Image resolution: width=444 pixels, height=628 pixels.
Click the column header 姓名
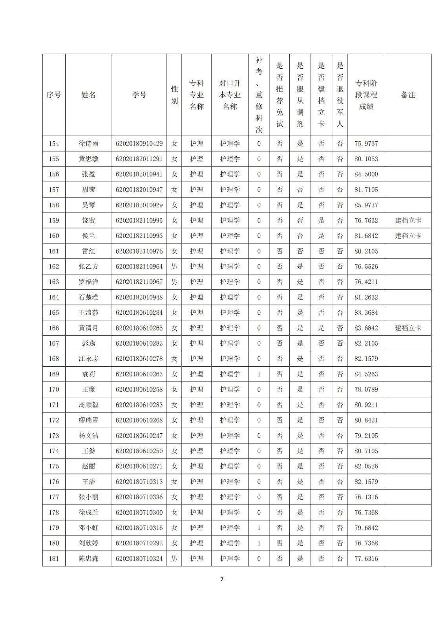click(88, 95)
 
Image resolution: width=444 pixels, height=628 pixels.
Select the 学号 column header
click(139, 95)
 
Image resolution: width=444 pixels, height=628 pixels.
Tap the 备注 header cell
click(408, 95)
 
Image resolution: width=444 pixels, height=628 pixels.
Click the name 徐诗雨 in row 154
click(88, 144)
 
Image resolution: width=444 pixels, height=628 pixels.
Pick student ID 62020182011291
click(139, 159)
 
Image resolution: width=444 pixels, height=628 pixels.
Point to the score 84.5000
click(366, 174)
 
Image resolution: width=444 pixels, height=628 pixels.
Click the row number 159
click(54, 221)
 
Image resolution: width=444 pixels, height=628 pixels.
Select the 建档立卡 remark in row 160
click(408, 236)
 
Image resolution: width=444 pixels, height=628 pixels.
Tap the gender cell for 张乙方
click(174, 267)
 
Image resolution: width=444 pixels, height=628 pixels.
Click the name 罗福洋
click(88, 282)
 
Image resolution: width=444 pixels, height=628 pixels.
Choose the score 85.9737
click(366, 205)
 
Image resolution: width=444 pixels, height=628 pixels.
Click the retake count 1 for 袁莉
click(259, 374)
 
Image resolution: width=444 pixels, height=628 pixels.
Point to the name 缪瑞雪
click(88, 420)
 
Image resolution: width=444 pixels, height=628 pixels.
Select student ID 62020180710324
click(139, 559)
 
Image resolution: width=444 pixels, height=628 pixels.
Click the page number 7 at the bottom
click(222, 579)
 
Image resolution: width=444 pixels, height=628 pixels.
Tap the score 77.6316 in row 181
click(366, 559)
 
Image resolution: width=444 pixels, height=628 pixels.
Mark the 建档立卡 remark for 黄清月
click(408, 328)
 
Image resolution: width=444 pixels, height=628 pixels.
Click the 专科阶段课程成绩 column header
click(366, 95)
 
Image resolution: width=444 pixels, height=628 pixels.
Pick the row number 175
click(54, 466)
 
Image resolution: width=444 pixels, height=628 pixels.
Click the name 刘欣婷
click(88, 543)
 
